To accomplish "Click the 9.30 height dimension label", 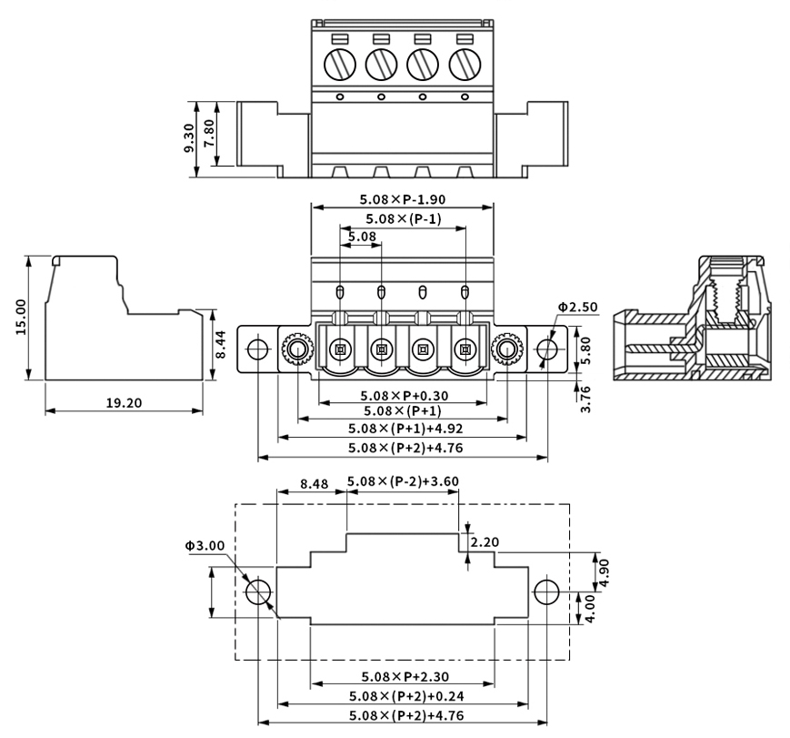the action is (188, 138).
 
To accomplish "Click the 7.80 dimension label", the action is (209, 133).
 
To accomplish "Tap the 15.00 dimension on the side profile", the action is (21, 317).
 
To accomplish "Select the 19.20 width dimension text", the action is (124, 403).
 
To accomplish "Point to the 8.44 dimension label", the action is (221, 344).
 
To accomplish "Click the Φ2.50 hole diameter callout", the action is (577, 308).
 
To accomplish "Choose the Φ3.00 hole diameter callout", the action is (205, 545).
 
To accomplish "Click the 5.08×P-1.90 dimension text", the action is (403, 200).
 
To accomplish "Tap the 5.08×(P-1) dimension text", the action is (404, 219).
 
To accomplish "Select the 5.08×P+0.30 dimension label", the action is (404, 396).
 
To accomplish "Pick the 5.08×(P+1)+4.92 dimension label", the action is (405, 429).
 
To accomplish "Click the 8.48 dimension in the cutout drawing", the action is (315, 484).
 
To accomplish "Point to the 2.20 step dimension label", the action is (485, 542).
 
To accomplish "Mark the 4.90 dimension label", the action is (604, 572).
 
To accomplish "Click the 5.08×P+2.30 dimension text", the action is (405, 677).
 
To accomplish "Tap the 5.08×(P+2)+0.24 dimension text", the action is (406, 697).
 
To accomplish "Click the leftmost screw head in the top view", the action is (340, 64).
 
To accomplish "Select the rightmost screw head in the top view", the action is (465, 64).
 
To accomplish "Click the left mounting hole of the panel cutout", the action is (258, 591).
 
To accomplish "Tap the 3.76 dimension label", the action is (585, 399).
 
